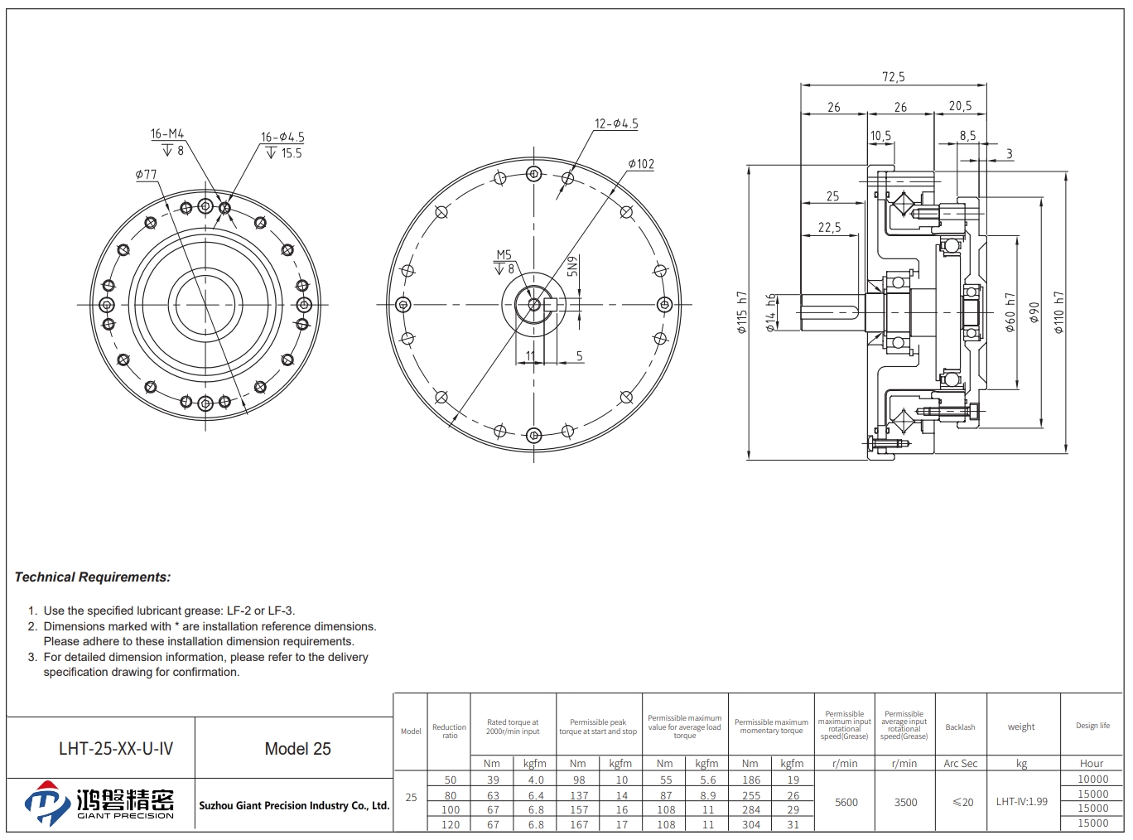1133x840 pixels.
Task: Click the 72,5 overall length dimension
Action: click(894, 77)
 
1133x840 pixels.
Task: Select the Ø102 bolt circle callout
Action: click(641, 164)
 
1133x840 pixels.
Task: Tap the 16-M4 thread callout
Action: click(167, 134)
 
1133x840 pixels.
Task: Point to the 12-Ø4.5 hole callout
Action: click(616, 123)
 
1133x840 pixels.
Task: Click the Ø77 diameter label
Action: click(146, 175)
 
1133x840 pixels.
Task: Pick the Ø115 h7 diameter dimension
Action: click(742, 312)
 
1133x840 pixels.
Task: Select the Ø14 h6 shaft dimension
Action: click(771, 312)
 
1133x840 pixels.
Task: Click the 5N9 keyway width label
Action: click(572, 266)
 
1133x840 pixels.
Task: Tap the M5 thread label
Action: click(504, 255)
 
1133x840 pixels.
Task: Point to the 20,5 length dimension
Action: click(961, 106)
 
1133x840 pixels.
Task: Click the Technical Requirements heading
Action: click(93, 577)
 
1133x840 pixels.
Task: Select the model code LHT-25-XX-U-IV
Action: click(116, 749)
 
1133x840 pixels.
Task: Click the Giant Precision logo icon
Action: click(47, 804)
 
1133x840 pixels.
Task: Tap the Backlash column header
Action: click(960, 727)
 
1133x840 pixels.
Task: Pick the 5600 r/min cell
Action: click(846, 802)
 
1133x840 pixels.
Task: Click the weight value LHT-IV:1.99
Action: click(1022, 801)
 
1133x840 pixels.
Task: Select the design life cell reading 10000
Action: click(1093, 779)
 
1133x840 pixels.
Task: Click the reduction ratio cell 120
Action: click(450, 824)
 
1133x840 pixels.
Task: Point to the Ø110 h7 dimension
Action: click(1059, 312)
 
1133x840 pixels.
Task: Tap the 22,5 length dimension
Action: click(829, 227)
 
